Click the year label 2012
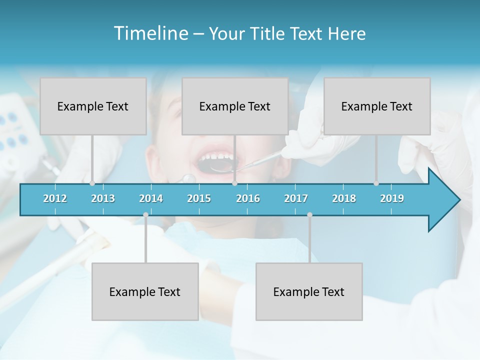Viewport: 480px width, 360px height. [x=55, y=198]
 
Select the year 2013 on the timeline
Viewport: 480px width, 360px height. [x=103, y=198]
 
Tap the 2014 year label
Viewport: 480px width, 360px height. [x=151, y=198]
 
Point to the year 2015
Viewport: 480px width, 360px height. [x=199, y=198]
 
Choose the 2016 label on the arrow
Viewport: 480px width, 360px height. [x=248, y=198]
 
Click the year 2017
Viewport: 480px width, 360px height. [x=296, y=198]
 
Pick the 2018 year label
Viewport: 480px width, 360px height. [x=344, y=198]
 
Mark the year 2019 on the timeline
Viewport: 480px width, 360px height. [x=392, y=198]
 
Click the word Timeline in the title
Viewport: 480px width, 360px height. [x=150, y=33]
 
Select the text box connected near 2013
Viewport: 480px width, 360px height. [x=93, y=106]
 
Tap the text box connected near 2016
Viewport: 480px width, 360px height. [x=235, y=106]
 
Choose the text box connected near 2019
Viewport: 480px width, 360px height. [x=377, y=106]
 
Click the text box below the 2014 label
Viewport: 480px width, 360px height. [x=145, y=291]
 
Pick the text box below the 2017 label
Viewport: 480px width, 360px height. [x=309, y=291]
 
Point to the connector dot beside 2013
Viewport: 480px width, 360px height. [x=92, y=183]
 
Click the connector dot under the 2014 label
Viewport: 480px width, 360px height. [x=145, y=214]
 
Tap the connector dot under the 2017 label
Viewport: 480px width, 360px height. [x=309, y=214]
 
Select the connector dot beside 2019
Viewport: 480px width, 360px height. [x=376, y=183]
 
